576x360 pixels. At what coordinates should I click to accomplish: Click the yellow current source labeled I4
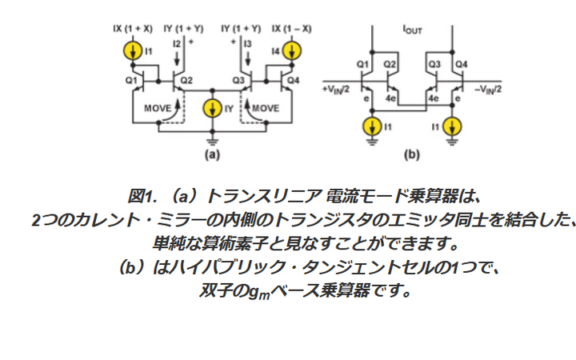pos(292,51)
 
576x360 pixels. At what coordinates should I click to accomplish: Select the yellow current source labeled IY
pos(212,109)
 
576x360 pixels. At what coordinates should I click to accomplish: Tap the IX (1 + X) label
pos(133,29)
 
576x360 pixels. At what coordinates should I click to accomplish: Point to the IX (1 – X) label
pos(292,29)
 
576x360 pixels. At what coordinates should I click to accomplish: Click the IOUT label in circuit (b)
pos(413,30)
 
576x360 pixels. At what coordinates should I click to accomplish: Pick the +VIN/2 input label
pos(335,90)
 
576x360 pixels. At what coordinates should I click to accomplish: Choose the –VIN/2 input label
pos(488,90)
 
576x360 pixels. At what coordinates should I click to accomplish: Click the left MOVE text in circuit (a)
pos(158,108)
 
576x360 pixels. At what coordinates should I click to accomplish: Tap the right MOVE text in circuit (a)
pos(266,108)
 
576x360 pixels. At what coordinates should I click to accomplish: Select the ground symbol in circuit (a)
pos(212,141)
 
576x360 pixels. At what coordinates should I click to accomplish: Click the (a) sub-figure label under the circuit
pos(212,154)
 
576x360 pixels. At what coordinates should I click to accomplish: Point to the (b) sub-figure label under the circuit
pos(412,154)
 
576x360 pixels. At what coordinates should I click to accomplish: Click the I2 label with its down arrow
pos(177,51)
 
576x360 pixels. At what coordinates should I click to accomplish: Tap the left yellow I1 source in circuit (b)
pos(372,126)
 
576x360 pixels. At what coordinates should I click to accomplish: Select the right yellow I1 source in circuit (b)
pos(452,126)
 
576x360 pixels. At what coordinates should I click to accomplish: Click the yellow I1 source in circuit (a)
pos(133,51)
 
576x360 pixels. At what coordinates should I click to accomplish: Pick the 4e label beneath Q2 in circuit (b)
pos(390,98)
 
